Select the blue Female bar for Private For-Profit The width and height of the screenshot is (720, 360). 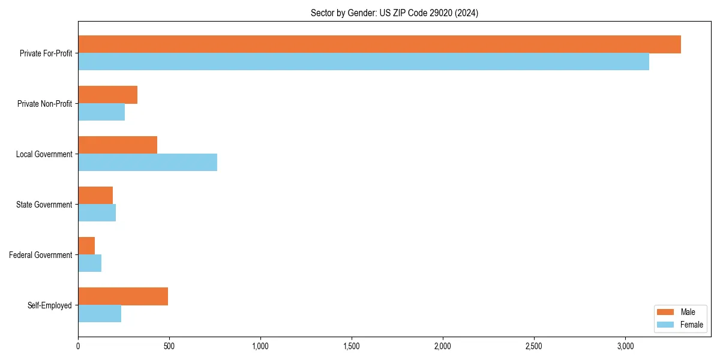pos(364,62)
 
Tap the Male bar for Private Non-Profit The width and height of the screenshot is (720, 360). pos(108,95)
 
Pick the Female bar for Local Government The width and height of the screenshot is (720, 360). pos(148,163)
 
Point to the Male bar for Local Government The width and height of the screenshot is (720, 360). pos(118,145)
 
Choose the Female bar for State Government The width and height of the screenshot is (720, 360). pos(97,213)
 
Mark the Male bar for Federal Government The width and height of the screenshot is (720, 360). pos(86,245)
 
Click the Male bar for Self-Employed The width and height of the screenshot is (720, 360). pos(123,296)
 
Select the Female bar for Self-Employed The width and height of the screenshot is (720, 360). pos(100,314)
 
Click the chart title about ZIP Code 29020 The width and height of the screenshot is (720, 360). pos(394,13)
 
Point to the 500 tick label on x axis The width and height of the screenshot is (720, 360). pos(169,346)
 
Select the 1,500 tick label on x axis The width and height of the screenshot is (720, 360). pos(352,346)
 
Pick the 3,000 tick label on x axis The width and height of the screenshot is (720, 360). pos(625,346)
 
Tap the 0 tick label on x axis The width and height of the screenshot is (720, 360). pos(78,346)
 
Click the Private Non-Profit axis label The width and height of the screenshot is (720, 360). pos(44,104)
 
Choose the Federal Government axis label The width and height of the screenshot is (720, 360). pos(41,255)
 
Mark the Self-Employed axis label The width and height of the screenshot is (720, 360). pos(50,305)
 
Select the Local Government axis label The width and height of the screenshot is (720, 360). pos(44,154)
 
